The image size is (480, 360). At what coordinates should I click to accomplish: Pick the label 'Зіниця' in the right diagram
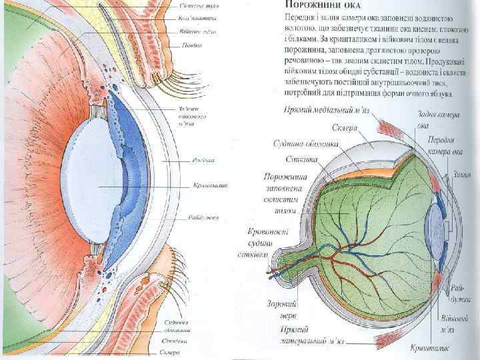[x=461, y=175]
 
